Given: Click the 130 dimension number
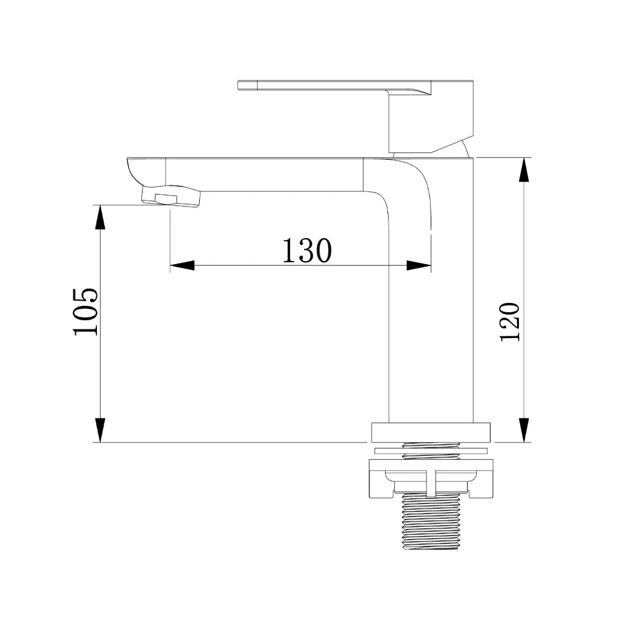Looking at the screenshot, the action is click(x=307, y=251).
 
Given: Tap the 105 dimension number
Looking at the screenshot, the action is click(x=85, y=312).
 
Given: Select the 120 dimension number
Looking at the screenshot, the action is click(x=510, y=322).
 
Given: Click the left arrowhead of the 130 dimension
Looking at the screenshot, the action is click(x=182, y=265).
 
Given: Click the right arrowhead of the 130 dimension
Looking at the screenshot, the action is click(x=419, y=265).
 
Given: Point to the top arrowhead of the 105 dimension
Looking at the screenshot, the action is click(x=101, y=217).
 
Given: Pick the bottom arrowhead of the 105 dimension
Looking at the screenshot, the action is click(x=101, y=430).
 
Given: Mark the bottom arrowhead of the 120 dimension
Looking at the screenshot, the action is click(x=523, y=430).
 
